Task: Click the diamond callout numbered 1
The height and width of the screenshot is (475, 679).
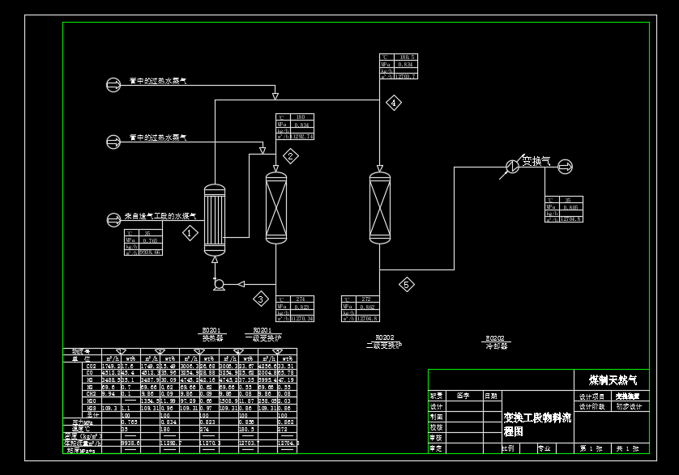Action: coord(190,233)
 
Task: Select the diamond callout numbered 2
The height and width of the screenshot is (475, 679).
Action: coord(290,156)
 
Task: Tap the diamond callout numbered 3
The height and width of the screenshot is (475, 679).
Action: coord(261,299)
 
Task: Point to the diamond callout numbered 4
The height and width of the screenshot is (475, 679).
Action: coord(393,103)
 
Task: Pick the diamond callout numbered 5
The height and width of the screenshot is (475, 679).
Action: coord(406,284)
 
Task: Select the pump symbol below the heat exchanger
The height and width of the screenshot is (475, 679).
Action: coord(217,284)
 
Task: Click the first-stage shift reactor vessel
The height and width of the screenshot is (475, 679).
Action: coord(277,208)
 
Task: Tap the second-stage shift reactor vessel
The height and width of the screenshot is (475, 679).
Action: coord(379,208)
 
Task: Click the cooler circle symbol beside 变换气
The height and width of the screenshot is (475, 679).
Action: coord(512,166)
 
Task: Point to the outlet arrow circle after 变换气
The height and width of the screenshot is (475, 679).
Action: coord(565,166)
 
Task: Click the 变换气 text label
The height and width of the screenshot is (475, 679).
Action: coord(536,160)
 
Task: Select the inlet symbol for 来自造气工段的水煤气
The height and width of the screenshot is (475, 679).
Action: coord(113,218)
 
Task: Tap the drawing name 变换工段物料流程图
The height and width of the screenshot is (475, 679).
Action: coord(536,424)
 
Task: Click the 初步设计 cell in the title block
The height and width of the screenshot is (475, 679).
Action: coord(629,407)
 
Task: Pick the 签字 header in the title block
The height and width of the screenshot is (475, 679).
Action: coord(463,397)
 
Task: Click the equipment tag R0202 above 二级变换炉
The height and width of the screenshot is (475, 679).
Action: coord(384,337)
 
